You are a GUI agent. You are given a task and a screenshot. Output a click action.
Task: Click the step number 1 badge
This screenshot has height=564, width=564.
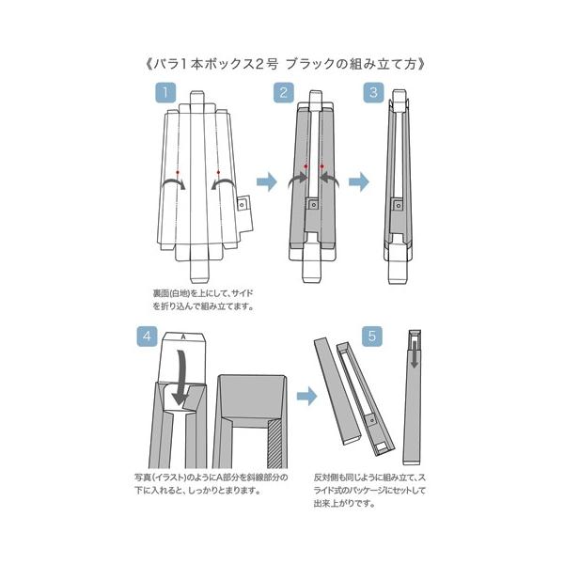[x=164, y=94]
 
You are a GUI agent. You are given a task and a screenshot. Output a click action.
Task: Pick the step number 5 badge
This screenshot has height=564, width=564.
[x=372, y=336]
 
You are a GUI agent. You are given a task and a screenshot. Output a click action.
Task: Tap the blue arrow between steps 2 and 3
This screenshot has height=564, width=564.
[x=357, y=180]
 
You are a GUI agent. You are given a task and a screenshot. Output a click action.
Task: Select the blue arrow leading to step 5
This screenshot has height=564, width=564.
[x=305, y=398]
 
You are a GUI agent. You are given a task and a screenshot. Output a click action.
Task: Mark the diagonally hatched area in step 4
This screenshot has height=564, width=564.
[x=274, y=443]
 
